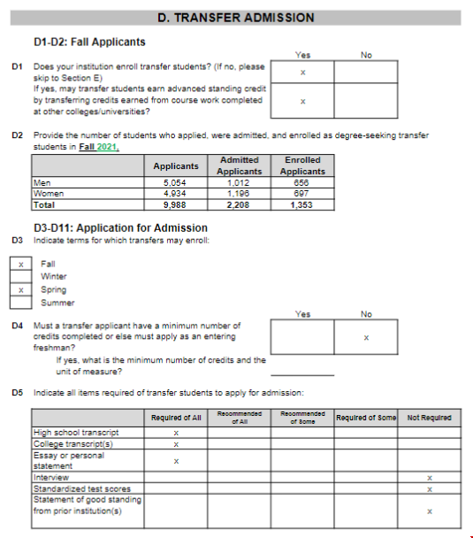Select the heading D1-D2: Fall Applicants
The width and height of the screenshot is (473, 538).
(89, 42)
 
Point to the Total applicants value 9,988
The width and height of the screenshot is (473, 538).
(176, 204)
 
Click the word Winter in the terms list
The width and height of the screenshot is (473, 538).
(54, 276)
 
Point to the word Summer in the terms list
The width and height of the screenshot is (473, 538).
(57, 303)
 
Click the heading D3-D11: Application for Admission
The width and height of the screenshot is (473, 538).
(120, 228)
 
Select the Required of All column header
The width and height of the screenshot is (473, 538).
(177, 418)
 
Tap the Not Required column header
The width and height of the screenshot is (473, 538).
(429, 418)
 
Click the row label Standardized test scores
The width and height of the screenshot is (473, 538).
(81, 488)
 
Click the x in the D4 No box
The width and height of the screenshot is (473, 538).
(366, 338)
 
